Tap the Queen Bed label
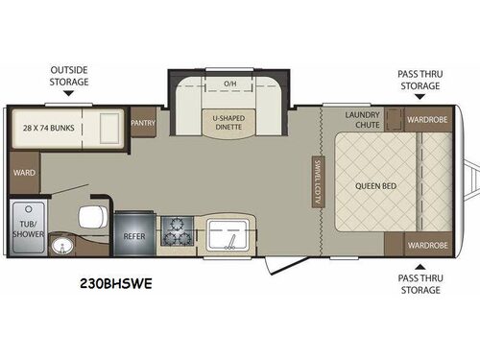[370, 185]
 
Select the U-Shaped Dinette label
[229, 123]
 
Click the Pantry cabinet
[143, 123]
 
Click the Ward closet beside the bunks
[25, 173]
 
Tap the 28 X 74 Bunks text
[50, 126]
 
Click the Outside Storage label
[70, 76]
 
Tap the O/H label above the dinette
[229, 84]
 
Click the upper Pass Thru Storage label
[421, 79]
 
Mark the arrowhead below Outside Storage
[70, 97]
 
